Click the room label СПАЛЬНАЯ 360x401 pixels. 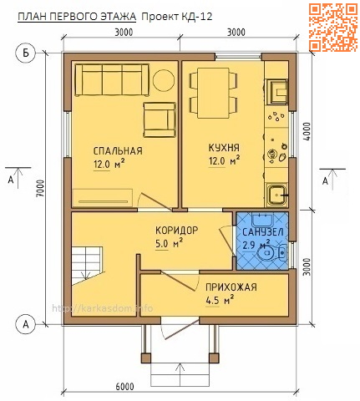coord(118,151)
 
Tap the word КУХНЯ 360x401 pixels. coord(224,145)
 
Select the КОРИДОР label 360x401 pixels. coord(176,230)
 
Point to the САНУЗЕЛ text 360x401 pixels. coord(261,231)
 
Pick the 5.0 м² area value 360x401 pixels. coord(170,244)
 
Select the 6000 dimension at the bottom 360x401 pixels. coord(125,385)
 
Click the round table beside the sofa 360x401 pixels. coord(164,80)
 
